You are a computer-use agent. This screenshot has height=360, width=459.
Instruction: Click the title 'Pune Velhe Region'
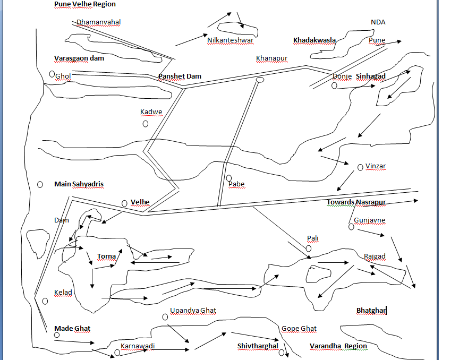85,4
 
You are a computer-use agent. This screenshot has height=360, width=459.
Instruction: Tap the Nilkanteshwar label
231,40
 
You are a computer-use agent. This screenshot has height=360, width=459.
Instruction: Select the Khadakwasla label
314,40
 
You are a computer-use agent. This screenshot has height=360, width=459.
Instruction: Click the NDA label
378,22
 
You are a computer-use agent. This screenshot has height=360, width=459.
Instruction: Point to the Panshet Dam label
180,76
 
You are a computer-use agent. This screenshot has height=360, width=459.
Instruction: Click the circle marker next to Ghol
52,74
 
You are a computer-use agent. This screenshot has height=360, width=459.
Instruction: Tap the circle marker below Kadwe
146,124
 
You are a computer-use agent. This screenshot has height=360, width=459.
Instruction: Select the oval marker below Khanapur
260,80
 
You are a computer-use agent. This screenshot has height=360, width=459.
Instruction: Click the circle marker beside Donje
334,85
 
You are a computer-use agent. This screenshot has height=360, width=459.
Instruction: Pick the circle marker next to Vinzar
360,167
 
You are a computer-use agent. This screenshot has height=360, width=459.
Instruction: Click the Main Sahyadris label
79,184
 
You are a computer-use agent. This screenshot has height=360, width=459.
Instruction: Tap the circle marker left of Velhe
124,203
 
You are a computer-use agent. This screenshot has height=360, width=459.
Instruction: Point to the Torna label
106,256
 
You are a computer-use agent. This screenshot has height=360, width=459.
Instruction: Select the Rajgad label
375,256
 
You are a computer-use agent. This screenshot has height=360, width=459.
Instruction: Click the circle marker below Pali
309,248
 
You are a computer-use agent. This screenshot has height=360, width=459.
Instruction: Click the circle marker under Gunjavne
351,227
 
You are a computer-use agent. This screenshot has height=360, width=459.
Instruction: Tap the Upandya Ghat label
193,311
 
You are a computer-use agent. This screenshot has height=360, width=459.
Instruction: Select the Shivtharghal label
258,346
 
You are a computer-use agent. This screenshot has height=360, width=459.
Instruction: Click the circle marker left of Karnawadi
117,352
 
